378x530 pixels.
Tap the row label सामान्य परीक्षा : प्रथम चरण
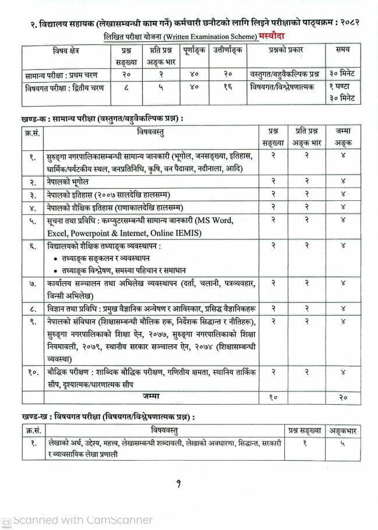point(61,75)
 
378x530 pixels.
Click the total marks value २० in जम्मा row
point(343,397)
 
